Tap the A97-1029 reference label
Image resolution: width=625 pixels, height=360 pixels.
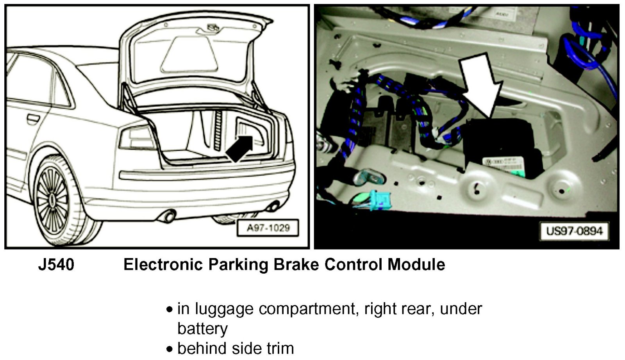tap(268, 228)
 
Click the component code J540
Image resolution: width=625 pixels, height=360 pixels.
tap(56, 265)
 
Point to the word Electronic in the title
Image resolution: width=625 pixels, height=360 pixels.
tap(162, 265)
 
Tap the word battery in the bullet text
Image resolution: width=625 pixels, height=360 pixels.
tap(202, 328)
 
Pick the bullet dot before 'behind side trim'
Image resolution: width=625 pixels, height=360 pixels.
tap(170, 349)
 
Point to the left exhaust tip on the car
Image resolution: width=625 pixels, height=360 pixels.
tap(168, 216)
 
